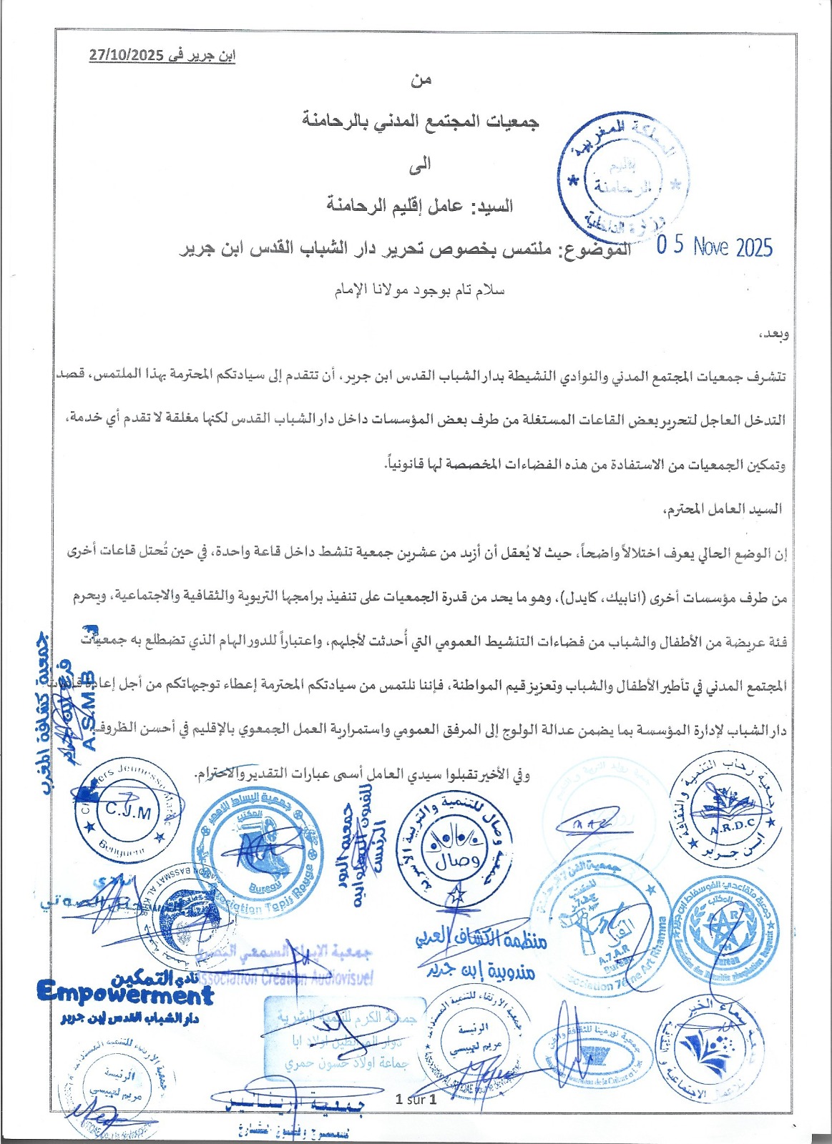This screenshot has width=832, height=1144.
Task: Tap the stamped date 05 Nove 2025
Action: click(x=715, y=247)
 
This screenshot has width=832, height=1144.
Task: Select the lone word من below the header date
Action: click(x=421, y=81)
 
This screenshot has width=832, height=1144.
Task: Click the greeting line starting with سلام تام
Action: click(x=421, y=291)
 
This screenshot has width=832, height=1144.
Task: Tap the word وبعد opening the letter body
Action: click(x=772, y=334)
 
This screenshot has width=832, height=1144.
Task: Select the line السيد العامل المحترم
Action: click(x=723, y=509)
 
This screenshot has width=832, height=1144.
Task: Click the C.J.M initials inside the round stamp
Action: click(x=128, y=811)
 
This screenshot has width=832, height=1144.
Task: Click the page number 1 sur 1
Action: click(x=416, y=1100)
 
